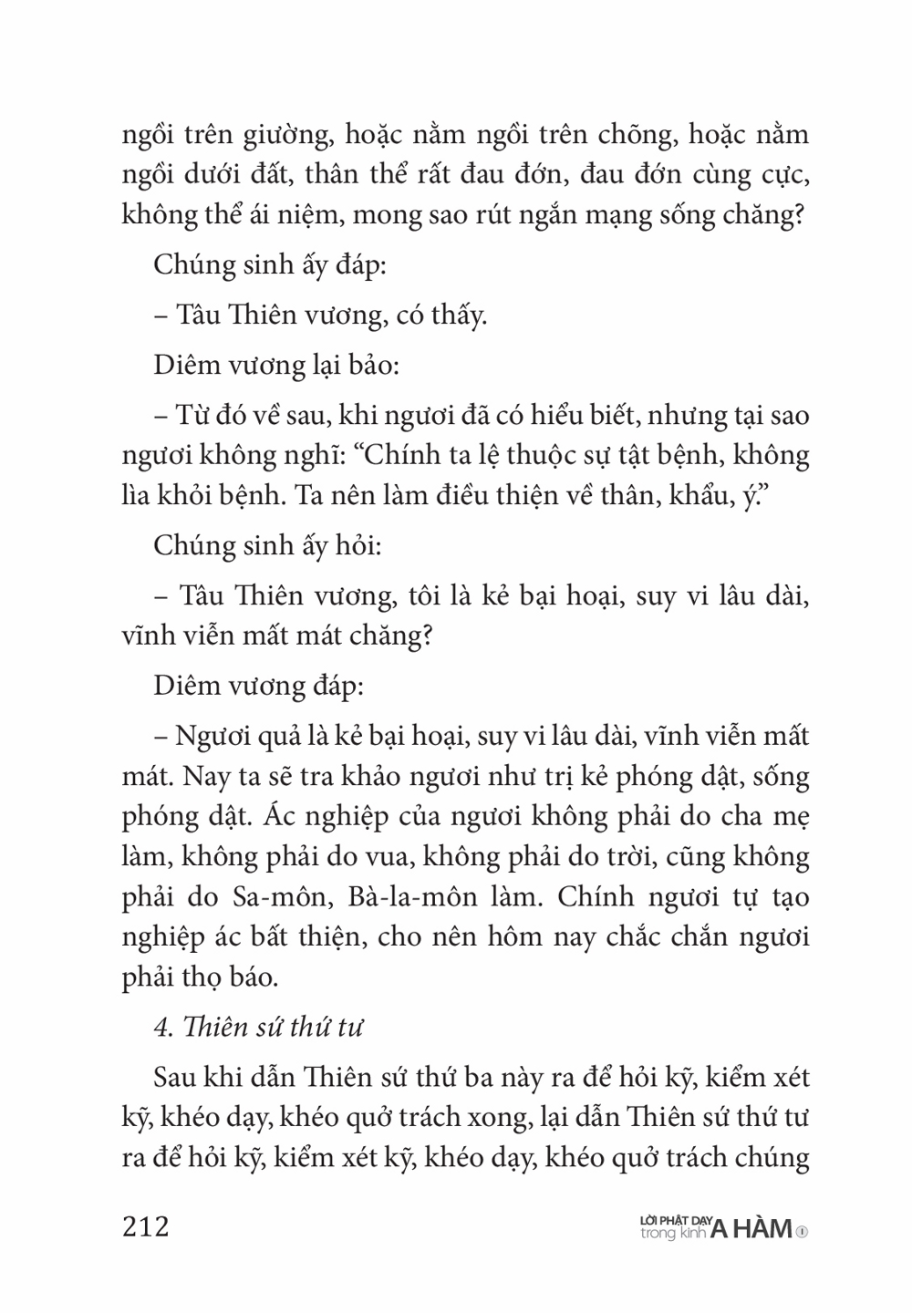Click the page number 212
click(x=145, y=1227)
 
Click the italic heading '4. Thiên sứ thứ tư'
click(x=257, y=1027)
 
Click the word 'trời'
click(x=631, y=856)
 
